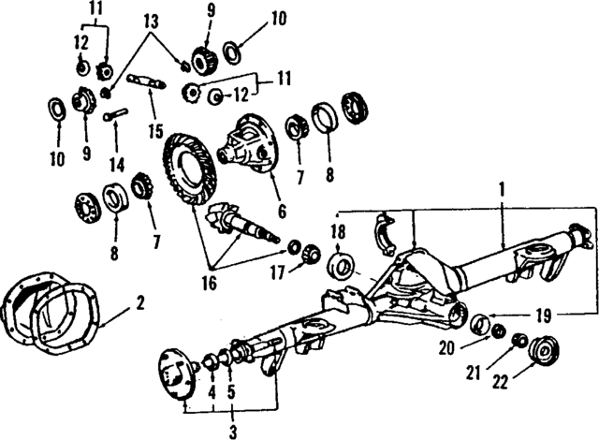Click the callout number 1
tap(504, 188)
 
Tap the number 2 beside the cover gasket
tap(139, 301)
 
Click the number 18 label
tap(337, 230)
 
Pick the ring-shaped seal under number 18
tap(340, 263)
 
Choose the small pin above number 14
tap(119, 116)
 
